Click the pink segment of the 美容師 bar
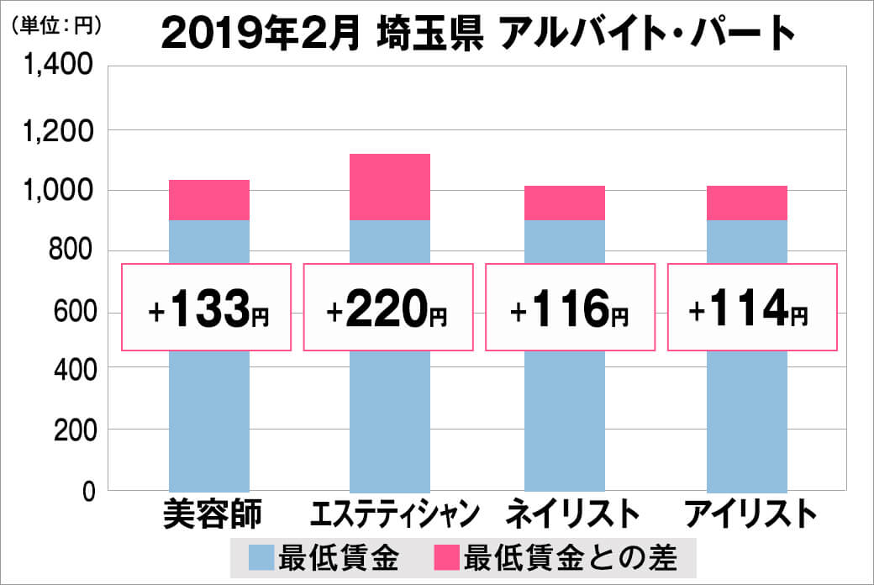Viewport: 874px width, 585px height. point(209,200)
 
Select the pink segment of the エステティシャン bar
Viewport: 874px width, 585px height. point(390,187)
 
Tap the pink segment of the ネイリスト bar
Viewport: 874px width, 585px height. point(565,203)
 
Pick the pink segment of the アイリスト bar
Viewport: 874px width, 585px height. point(747,203)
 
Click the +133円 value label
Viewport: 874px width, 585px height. point(208,308)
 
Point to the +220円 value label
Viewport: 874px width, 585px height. point(388,308)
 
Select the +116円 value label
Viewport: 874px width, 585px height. point(570,308)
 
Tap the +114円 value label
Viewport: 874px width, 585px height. point(751,308)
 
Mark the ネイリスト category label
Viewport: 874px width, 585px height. point(568,514)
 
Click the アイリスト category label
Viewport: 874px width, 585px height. point(750,514)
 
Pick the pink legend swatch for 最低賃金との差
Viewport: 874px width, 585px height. point(446,557)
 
